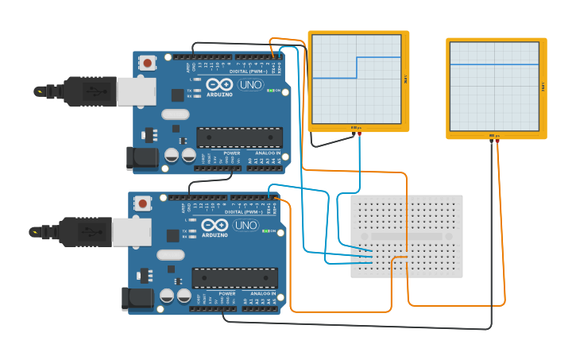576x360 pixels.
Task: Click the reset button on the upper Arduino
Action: (x=147, y=63)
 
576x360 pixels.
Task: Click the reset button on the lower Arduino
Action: (x=142, y=203)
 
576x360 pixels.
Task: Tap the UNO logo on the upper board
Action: (x=250, y=85)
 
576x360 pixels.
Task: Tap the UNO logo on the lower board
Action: (x=245, y=226)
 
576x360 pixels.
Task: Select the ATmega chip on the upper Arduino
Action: (x=239, y=137)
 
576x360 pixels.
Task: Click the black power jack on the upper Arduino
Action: (x=142, y=157)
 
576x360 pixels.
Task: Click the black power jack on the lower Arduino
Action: (x=137, y=298)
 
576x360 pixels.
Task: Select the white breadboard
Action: (x=407, y=236)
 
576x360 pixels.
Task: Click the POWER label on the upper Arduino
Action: (x=231, y=153)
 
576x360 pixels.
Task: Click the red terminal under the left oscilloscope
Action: (x=359, y=134)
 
